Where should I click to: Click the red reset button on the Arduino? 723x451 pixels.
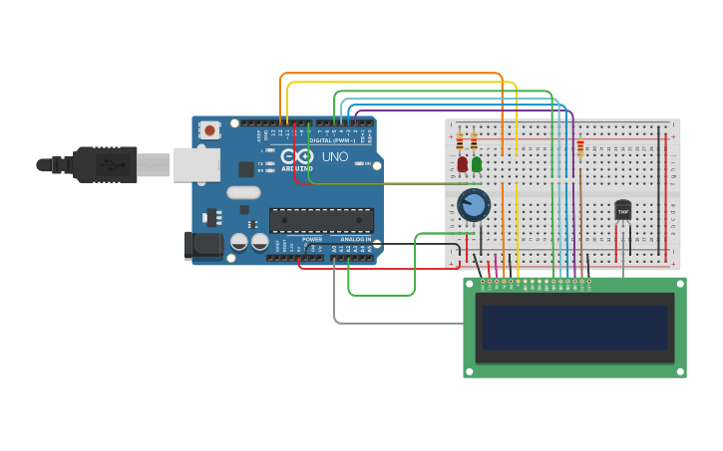(209, 130)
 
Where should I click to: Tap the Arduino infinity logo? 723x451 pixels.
(296, 156)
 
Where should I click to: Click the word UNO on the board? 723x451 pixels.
(334, 157)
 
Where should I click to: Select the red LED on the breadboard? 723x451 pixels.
(462, 164)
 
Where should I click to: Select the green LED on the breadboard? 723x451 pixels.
(477, 164)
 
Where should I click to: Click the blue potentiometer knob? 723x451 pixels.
(474, 205)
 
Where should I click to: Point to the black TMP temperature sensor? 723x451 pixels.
(622, 210)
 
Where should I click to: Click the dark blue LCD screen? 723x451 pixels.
(573, 327)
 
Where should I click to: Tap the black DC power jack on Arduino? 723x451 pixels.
(203, 244)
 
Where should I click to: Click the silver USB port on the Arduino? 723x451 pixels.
(196, 164)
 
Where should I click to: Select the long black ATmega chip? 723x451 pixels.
(321, 220)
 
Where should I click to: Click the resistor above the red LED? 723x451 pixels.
(460, 140)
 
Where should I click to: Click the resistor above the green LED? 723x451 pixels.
(474, 140)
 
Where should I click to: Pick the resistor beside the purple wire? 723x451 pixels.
(580, 148)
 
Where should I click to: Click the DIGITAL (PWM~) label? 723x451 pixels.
(332, 140)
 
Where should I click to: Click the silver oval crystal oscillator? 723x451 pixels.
(243, 192)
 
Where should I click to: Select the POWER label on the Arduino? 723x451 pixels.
(312, 240)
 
